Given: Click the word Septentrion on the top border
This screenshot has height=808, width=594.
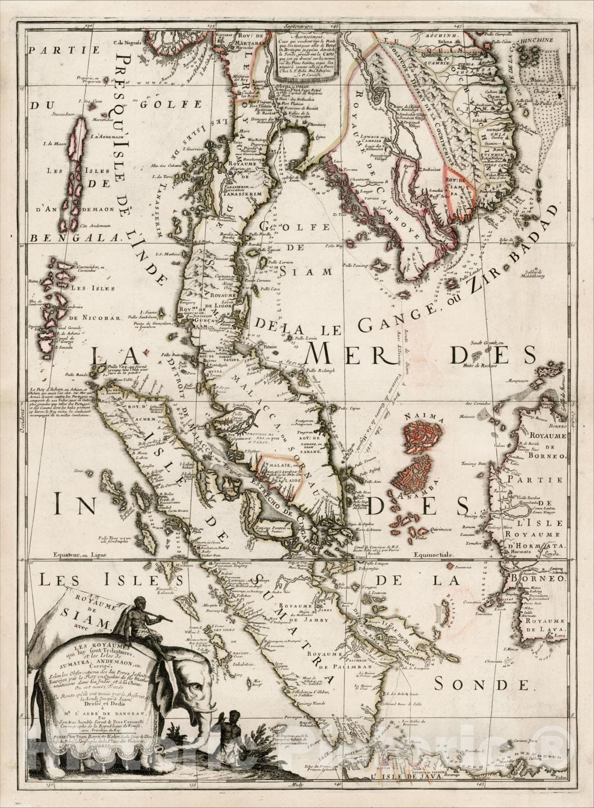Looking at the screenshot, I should pyautogui.click(x=296, y=24).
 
